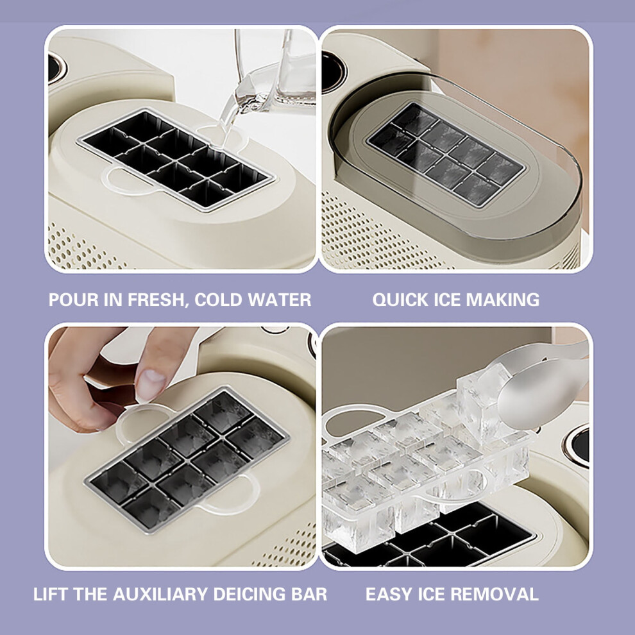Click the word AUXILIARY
pyautogui.click(x=161, y=594)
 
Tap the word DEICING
pyautogui.click(x=250, y=594)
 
